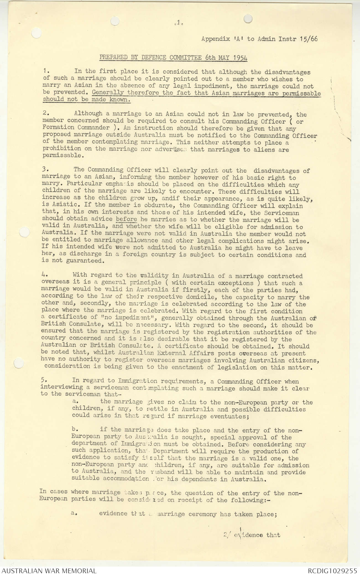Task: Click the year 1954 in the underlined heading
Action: click(240, 58)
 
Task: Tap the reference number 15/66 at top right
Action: click(309, 38)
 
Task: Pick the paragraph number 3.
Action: click(45, 169)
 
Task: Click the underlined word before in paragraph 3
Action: click(126, 219)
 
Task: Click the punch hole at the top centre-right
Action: click(248, 19)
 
